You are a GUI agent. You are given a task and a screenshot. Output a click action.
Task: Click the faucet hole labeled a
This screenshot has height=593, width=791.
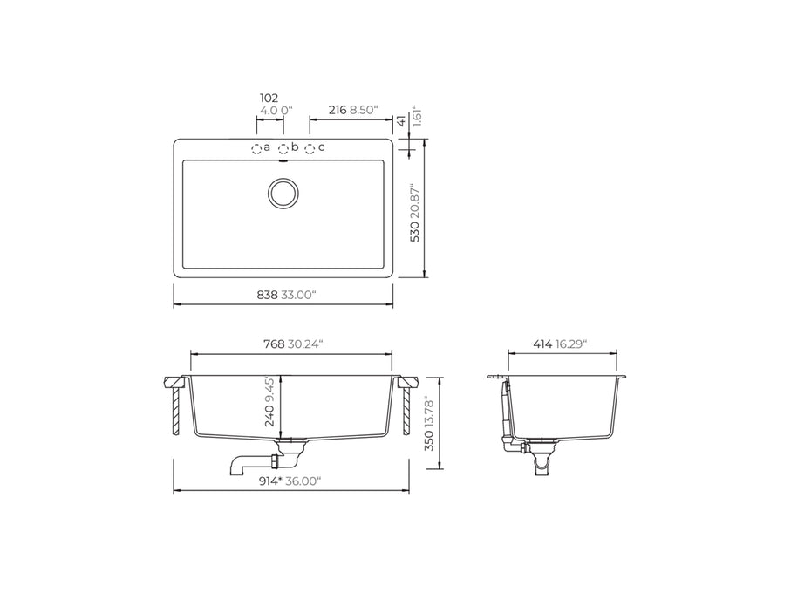(x=257, y=149)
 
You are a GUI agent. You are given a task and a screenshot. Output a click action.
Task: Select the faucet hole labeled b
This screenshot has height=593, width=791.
(x=283, y=149)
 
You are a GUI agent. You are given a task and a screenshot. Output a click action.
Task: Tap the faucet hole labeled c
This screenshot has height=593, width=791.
(x=310, y=149)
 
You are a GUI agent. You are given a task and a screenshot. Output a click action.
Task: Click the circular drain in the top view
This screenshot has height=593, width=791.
(x=283, y=194)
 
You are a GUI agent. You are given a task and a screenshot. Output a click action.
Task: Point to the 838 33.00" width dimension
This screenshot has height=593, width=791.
(x=281, y=295)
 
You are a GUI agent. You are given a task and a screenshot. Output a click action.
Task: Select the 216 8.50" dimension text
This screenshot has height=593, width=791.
(x=352, y=111)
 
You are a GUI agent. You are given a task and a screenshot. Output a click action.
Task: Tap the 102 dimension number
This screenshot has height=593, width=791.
(x=269, y=98)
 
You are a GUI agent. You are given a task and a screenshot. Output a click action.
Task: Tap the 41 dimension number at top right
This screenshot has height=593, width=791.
(x=400, y=120)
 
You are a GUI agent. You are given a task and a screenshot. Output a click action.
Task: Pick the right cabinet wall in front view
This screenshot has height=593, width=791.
(x=406, y=411)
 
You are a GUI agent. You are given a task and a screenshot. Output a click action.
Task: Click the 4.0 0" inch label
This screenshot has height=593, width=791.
(x=276, y=112)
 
